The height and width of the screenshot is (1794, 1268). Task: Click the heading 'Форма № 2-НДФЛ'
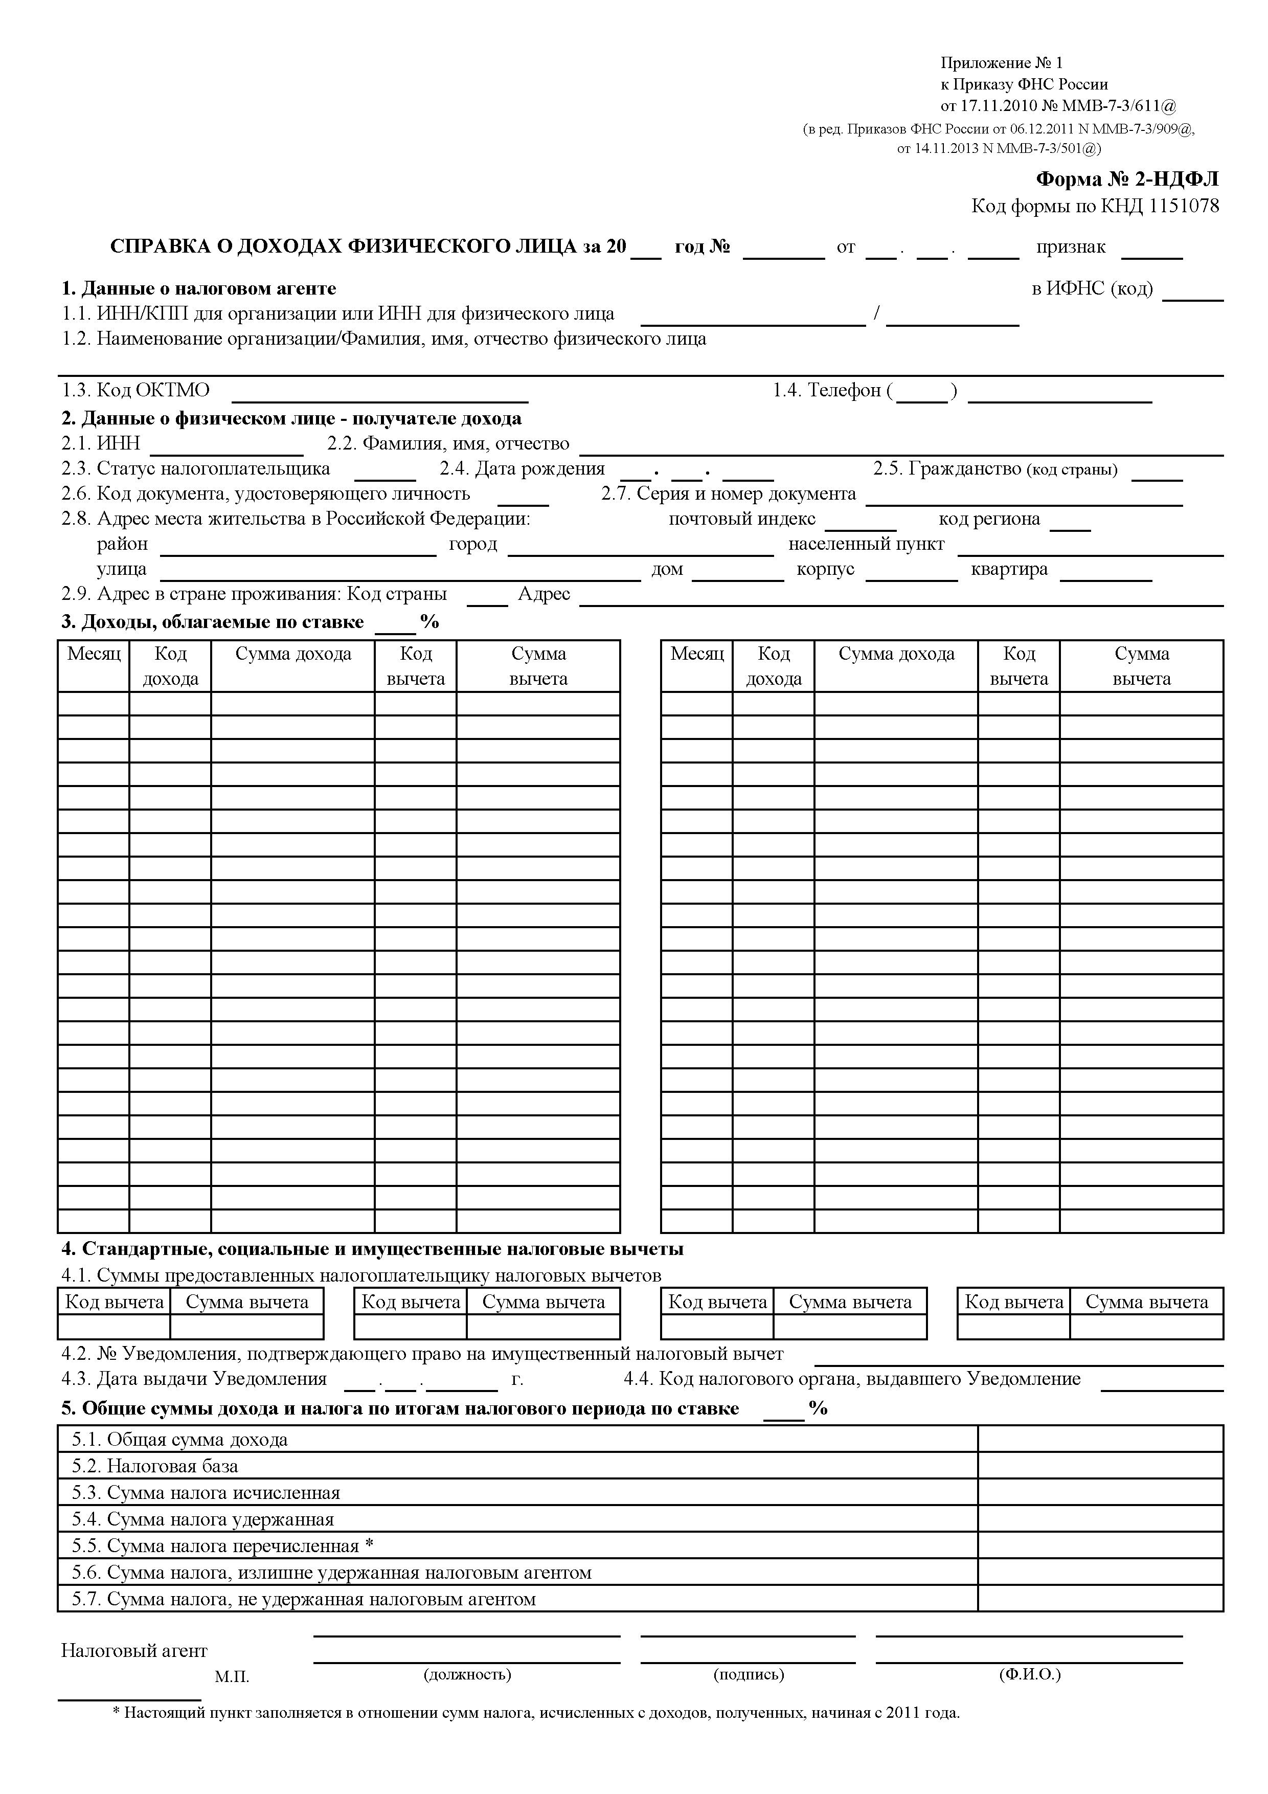click(x=1126, y=180)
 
